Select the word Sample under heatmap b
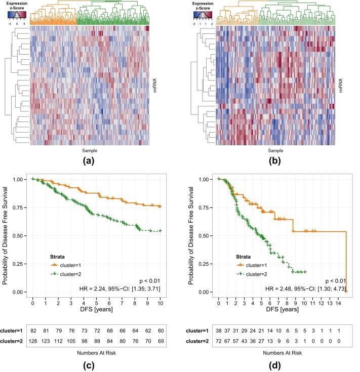click(275, 150)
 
